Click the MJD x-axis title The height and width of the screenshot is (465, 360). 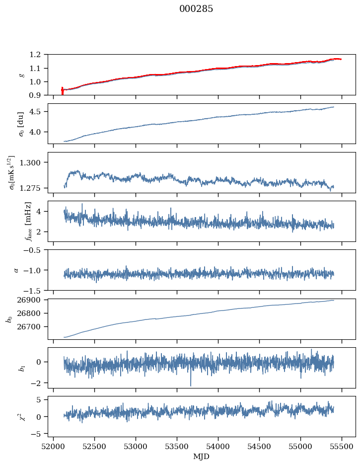click(x=202, y=457)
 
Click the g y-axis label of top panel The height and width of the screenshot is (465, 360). click(x=21, y=75)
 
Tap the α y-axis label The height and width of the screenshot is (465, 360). click(x=16, y=270)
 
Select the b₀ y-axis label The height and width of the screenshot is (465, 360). click(x=9, y=318)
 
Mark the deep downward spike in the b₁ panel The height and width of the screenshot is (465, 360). click(x=190, y=385)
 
